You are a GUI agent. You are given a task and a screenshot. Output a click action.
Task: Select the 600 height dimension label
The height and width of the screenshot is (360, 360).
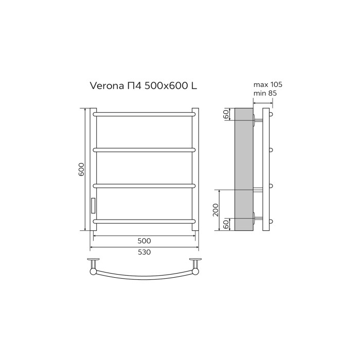point(81,170)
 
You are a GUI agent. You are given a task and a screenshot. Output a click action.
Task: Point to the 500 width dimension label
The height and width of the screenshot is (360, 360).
point(144,241)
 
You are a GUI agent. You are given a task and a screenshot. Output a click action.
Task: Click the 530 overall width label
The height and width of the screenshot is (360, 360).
point(144,251)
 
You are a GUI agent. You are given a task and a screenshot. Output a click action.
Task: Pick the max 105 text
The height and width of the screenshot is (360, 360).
point(268,85)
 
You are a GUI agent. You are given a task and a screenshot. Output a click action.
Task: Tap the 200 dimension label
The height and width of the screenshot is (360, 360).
point(216,210)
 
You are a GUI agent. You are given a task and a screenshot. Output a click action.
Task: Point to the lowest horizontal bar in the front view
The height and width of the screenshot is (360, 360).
point(144,221)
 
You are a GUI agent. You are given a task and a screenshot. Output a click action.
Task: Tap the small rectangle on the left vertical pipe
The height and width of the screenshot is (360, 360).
point(93,205)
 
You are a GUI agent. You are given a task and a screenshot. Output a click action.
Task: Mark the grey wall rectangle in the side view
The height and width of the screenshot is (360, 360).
point(243,170)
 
